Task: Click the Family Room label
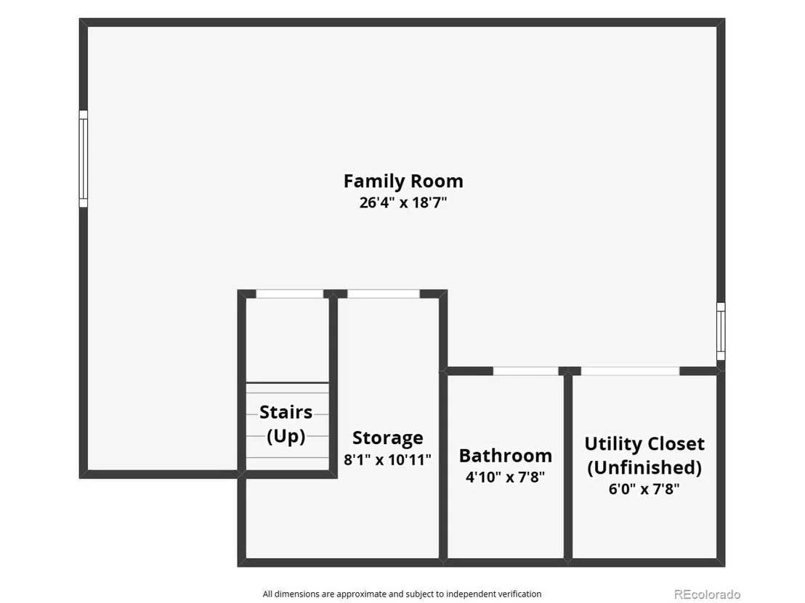[x=403, y=181]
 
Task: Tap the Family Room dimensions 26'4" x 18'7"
[x=403, y=202]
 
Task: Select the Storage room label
[x=388, y=438]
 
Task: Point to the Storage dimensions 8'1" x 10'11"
[x=388, y=460]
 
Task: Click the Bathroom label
[x=505, y=455]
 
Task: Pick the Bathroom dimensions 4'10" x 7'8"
[x=505, y=477]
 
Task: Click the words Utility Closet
[x=644, y=443]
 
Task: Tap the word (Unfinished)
[x=644, y=467]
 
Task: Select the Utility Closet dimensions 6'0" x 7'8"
[x=644, y=489]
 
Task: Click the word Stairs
[x=286, y=411]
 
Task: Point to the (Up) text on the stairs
[x=286, y=436]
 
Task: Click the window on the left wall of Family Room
[x=83, y=159]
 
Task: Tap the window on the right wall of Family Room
[x=721, y=331]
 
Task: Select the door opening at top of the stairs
[x=290, y=294]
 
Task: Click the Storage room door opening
[x=384, y=294]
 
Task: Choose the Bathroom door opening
[x=526, y=372]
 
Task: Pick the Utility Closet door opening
[x=630, y=372]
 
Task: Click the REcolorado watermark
[x=707, y=594]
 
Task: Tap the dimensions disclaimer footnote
[x=402, y=594]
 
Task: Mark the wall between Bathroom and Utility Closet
[x=568, y=467]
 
